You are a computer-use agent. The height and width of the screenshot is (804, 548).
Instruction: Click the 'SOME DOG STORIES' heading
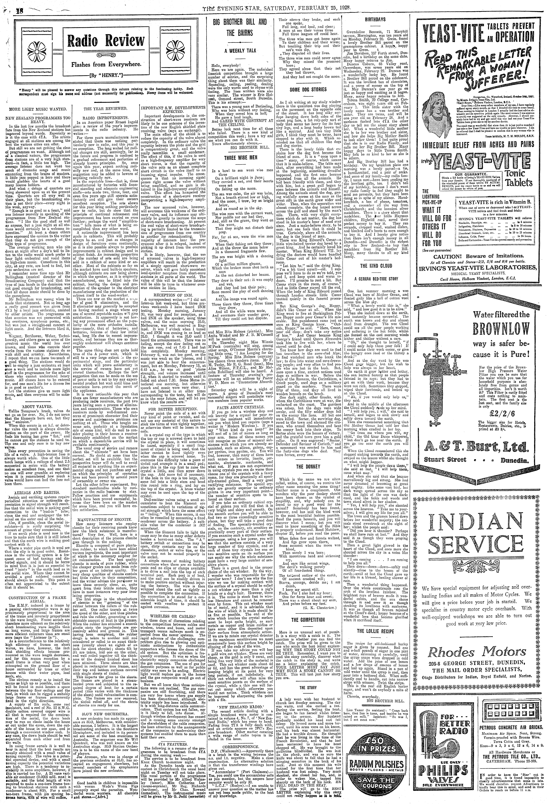308,90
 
